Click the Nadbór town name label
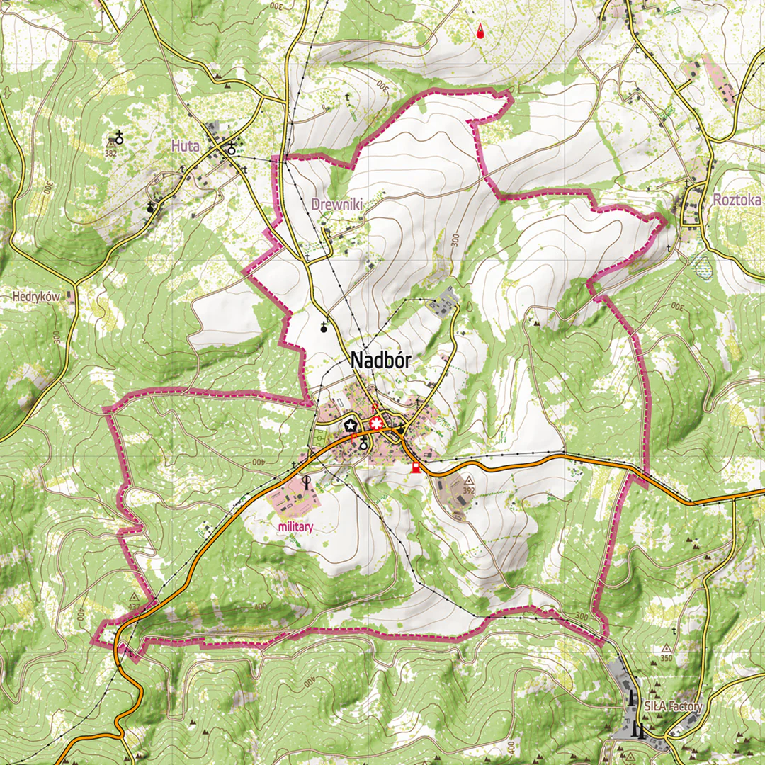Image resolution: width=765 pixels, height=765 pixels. click(380, 361)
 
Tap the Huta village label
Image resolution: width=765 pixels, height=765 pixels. click(185, 146)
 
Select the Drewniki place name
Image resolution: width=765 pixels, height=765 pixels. click(336, 204)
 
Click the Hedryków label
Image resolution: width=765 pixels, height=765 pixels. click(36, 297)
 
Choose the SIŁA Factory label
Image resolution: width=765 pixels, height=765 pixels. click(673, 706)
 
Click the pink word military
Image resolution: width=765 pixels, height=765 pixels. click(296, 526)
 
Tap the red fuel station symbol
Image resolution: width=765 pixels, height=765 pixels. click(416, 467)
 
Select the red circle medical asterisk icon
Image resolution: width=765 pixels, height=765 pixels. click(375, 424)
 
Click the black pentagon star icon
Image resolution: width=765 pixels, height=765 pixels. click(350, 426)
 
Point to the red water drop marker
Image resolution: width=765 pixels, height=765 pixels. click(481, 31)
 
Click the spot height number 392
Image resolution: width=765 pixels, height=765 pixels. click(468, 489)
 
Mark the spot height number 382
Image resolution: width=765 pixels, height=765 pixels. click(110, 152)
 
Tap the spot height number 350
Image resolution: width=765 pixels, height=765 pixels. click(667, 658)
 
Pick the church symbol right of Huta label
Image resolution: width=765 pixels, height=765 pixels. click(232, 149)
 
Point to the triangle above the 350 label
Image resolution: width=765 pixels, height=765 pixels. click(667, 648)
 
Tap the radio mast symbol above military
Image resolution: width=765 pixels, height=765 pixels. click(307, 482)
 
